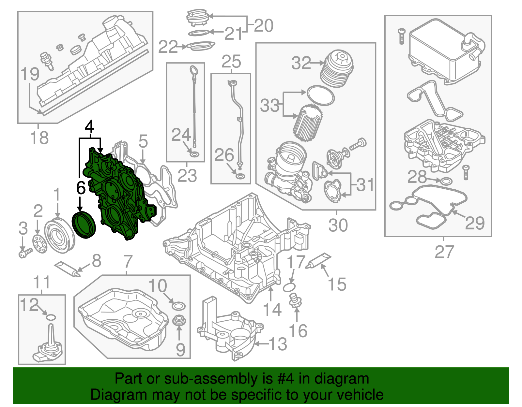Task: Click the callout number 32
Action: point(301,63)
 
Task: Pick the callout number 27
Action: point(444,252)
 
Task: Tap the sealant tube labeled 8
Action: point(68,269)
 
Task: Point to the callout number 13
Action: point(278,344)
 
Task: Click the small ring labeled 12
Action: point(51,317)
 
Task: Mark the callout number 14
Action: point(272,309)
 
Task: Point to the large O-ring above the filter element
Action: point(321,95)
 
